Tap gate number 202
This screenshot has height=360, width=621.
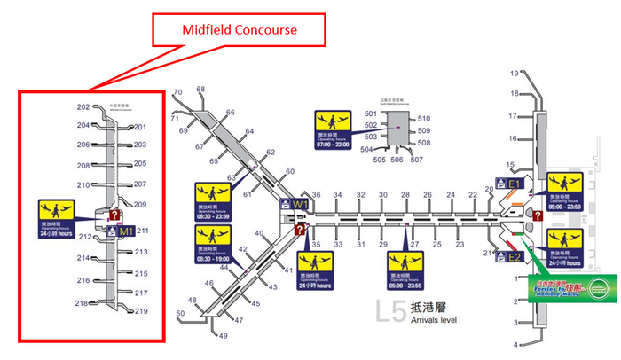point(83,107)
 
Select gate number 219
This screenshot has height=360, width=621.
point(140,310)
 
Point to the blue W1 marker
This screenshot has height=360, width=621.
point(301,205)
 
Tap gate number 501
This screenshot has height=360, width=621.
point(371,113)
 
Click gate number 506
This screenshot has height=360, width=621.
point(396,160)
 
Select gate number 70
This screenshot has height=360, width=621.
point(177,92)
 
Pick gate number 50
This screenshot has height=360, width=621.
point(181,313)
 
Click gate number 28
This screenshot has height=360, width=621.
point(405,194)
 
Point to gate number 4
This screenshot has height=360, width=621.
point(515,345)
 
